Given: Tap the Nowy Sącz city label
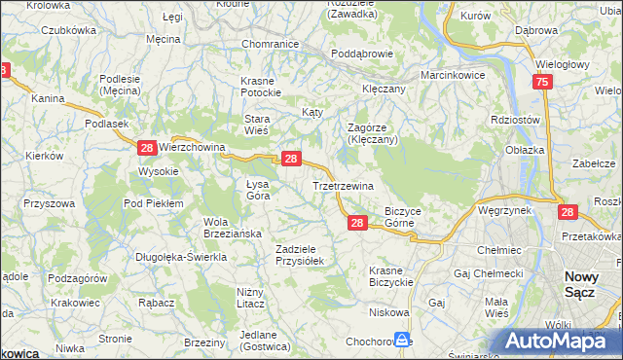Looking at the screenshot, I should tap(589, 285).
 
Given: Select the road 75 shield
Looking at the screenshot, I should tap(543, 85).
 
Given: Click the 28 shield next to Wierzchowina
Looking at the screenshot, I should tap(146, 148).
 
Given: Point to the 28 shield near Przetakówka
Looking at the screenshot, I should tap(568, 211).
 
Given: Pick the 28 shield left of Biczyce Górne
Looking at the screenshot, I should tap(357, 224).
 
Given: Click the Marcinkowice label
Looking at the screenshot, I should tap(453, 75).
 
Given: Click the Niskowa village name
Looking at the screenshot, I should tap(388, 312).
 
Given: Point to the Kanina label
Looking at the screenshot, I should tap(48, 98).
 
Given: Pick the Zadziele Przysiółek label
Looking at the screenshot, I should tap(306, 255).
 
